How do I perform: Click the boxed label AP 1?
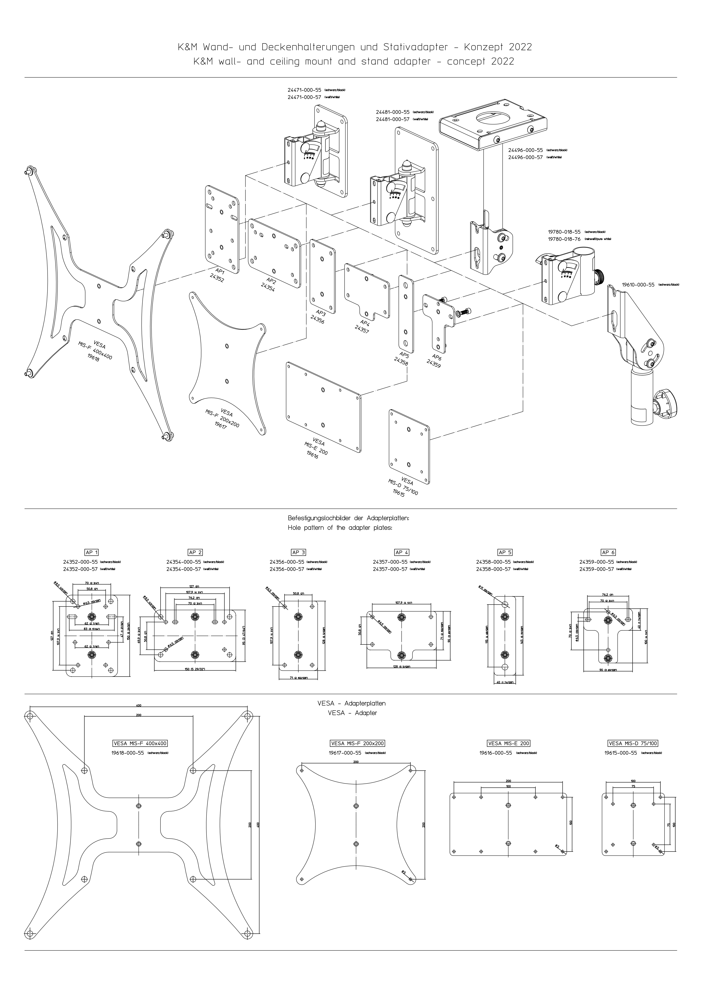[92, 552]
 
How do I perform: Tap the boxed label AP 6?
[608, 552]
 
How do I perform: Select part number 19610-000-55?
[638, 285]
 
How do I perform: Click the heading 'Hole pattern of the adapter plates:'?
[340, 528]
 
